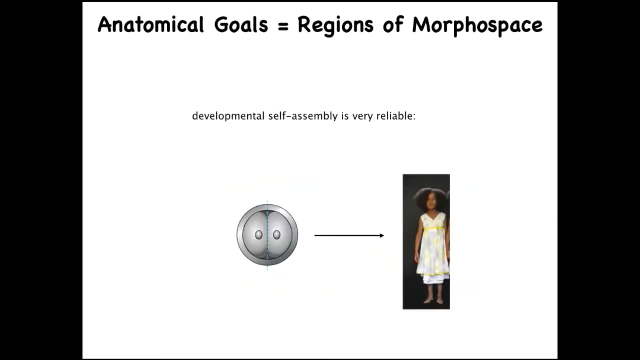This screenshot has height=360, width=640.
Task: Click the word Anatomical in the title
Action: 151,24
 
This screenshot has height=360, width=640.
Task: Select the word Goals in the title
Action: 241,24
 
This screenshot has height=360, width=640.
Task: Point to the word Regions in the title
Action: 335,25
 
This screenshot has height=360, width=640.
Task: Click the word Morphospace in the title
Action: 477,25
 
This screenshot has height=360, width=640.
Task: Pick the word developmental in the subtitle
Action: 228,116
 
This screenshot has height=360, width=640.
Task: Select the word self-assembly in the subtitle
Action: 303,116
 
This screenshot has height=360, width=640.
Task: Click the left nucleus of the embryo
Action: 258,235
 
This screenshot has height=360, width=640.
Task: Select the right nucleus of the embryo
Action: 276,235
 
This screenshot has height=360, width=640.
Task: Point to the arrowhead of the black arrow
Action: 381,235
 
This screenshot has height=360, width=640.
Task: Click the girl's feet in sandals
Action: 433,301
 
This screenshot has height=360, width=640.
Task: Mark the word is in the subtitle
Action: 345,116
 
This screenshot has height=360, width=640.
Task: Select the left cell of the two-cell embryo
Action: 255,235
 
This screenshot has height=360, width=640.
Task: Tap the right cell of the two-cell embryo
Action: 280,235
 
